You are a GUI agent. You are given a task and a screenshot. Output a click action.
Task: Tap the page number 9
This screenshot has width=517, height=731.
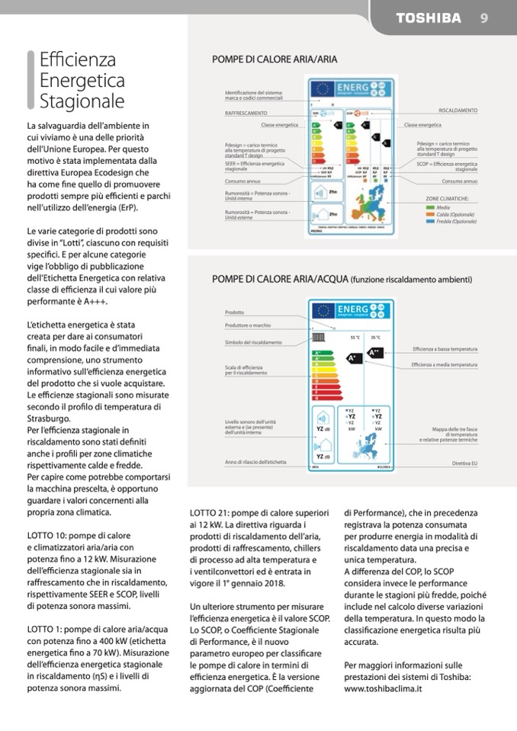pyautogui.click(x=484, y=18)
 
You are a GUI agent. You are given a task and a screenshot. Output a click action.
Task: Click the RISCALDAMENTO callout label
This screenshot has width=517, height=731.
pyautogui.click(x=458, y=111)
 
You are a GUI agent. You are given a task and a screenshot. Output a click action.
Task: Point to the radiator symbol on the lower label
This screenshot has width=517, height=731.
pyautogui.click(x=314, y=336)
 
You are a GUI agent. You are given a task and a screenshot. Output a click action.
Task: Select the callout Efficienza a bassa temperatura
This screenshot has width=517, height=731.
pyautogui.click(x=445, y=348)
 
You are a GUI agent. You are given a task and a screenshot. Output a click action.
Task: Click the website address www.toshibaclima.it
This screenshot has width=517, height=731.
pyautogui.click(x=383, y=688)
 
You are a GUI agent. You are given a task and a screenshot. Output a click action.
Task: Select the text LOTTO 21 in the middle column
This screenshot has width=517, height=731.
pyautogui.click(x=210, y=512)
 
